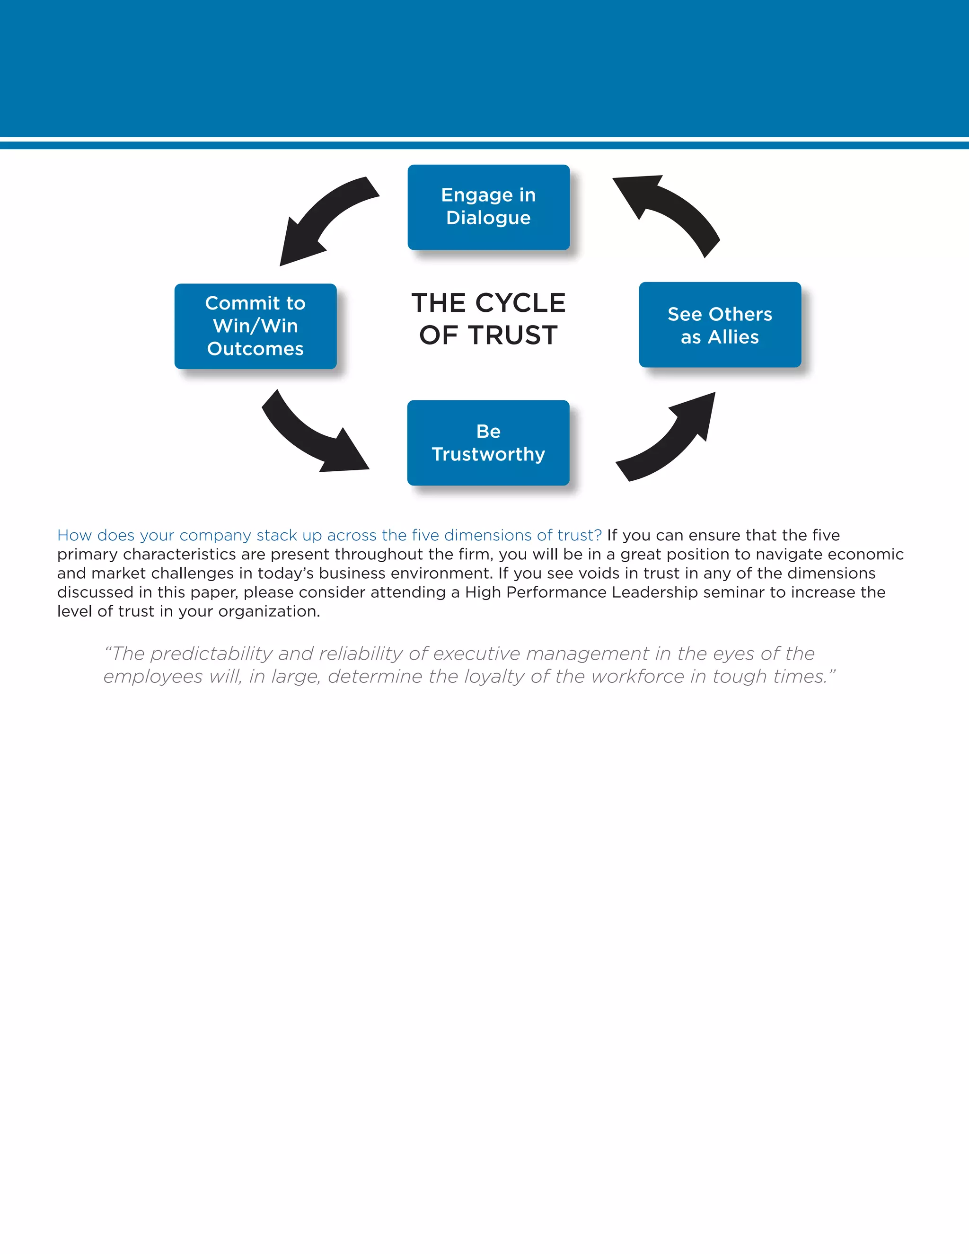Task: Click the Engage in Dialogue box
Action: [x=488, y=207]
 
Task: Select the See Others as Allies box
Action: [x=720, y=325]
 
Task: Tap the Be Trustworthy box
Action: [x=488, y=443]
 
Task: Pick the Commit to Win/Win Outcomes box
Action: [x=255, y=326]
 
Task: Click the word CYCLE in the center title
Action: [x=520, y=303]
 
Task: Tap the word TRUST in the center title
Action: [x=513, y=336]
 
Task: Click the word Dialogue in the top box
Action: [x=488, y=218]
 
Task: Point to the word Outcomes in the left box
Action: [x=255, y=349]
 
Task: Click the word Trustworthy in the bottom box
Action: [x=488, y=454]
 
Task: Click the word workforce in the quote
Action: [x=638, y=676]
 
